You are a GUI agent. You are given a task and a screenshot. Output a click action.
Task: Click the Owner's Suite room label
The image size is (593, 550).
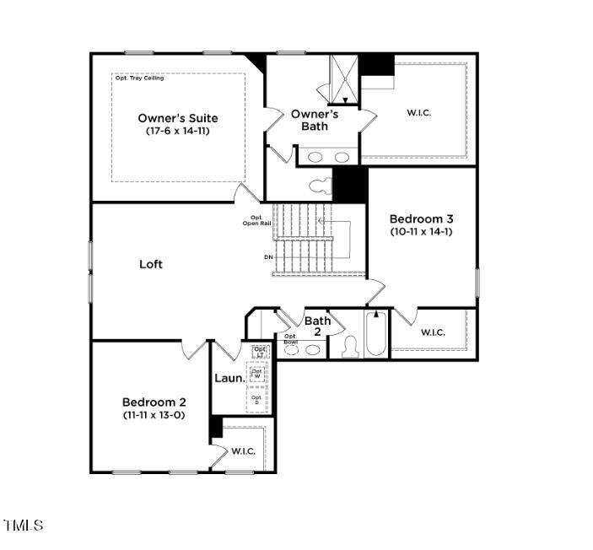click(x=177, y=118)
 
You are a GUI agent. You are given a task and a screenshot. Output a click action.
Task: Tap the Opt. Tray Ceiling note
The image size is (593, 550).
click(x=140, y=78)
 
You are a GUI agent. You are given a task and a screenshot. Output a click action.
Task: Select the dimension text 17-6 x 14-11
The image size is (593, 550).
click(x=177, y=132)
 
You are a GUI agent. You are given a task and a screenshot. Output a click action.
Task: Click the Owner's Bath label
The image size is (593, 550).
click(x=315, y=120)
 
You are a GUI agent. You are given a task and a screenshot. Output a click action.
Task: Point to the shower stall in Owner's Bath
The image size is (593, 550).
click(x=344, y=79)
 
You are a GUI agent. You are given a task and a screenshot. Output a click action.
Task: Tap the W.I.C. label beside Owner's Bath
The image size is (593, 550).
click(x=419, y=113)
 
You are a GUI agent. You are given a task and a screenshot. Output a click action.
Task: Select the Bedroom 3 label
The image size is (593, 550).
click(x=421, y=218)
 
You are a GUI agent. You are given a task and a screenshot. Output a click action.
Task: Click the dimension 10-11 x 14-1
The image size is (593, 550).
click(x=421, y=231)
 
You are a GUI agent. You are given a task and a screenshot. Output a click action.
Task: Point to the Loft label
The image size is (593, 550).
click(x=151, y=264)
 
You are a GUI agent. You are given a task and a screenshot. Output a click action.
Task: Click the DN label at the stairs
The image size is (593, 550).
click(x=268, y=256)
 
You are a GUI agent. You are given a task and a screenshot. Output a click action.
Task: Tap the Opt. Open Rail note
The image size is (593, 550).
click(x=256, y=220)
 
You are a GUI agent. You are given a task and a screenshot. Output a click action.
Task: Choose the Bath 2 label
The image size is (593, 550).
click(x=317, y=326)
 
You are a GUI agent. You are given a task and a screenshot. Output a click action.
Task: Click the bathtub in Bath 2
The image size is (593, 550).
click(x=376, y=336)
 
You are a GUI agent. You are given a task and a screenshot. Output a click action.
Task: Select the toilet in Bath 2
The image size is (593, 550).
click(x=350, y=348)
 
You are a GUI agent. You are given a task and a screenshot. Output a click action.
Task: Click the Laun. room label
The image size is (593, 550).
click(x=229, y=379)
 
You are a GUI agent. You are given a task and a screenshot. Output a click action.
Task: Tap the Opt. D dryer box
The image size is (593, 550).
click(x=257, y=400)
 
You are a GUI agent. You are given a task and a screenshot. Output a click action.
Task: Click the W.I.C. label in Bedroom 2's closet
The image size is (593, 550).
click(x=244, y=451)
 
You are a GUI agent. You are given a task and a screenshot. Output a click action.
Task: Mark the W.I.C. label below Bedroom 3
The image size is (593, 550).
click(x=433, y=332)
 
